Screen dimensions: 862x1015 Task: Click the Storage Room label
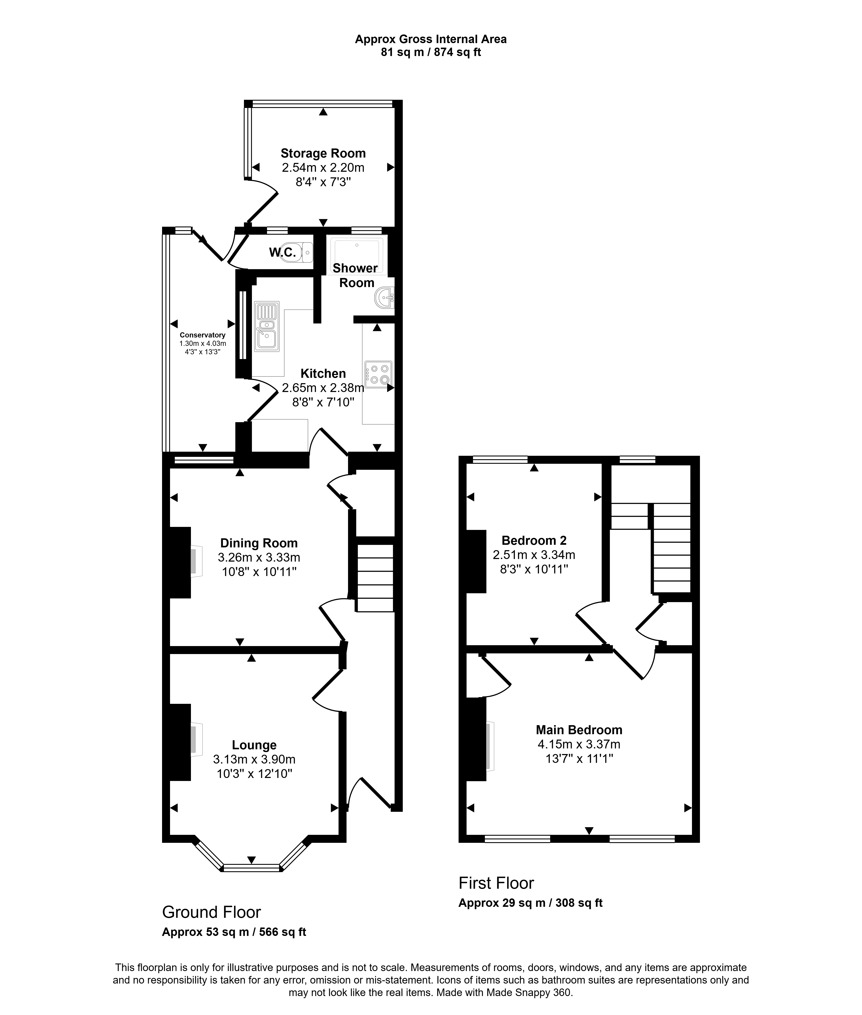[x=323, y=153]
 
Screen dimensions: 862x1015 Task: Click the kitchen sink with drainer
[x=267, y=326]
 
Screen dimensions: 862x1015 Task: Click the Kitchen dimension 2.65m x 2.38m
[x=323, y=388]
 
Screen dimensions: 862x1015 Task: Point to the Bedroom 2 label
[x=534, y=540]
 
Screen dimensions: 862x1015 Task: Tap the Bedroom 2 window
[x=500, y=459]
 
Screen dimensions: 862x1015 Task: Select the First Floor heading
[x=496, y=883]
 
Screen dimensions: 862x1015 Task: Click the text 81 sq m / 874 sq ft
[x=431, y=52]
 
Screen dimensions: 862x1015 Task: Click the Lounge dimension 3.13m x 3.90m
[x=254, y=759]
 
